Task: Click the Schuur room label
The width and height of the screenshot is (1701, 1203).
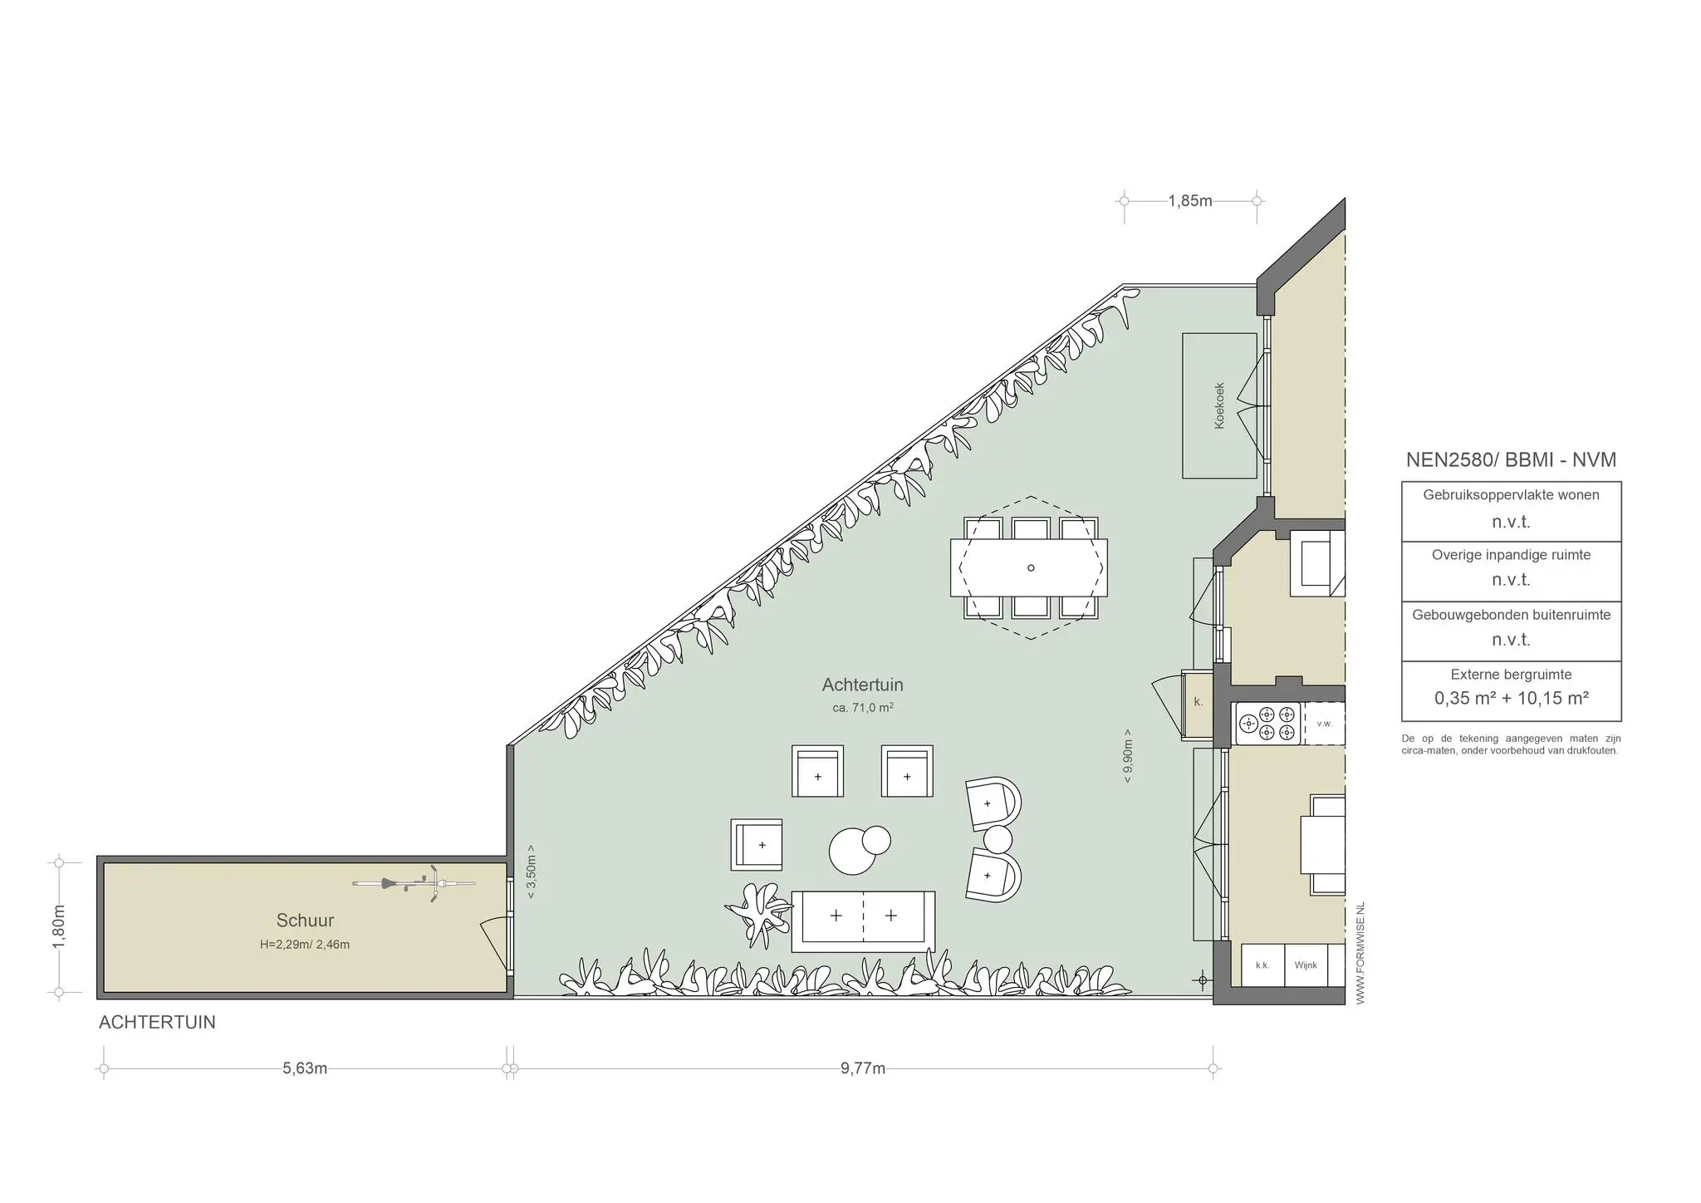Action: tap(305, 921)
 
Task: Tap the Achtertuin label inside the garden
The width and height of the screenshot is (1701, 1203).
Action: tap(862, 685)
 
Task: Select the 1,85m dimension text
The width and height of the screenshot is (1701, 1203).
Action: tap(1190, 201)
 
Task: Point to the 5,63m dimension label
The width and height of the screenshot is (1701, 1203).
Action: tap(305, 1068)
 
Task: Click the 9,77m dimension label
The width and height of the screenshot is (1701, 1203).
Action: tap(863, 1068)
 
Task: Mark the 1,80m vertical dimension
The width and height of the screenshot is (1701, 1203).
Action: tap(59, 927)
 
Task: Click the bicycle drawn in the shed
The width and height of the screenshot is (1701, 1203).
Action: tap(414, 884)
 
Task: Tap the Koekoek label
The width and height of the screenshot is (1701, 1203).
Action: tap(1219, 405)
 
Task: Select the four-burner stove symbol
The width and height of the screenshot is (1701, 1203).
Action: tap(1267, 724)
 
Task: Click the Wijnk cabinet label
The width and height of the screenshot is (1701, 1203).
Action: tap(1306, 965)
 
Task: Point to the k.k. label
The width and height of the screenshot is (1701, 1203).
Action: tap(1262, 965)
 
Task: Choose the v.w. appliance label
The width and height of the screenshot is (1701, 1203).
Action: tap(1325, 724)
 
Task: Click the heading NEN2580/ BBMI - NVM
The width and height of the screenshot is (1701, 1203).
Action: tap(1511, 460)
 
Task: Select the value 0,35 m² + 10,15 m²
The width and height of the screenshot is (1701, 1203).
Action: tap(1512, 699)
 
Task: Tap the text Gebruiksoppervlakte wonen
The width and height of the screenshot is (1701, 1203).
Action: tap(1511, 495)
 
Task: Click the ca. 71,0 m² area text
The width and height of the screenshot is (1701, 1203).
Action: tap(862, 708)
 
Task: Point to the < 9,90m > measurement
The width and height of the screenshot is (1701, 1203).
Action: tap(1127, 756)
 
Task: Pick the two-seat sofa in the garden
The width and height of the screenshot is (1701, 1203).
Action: tap(863, 921)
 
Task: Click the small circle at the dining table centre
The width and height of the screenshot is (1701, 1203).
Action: tap(1031, 568)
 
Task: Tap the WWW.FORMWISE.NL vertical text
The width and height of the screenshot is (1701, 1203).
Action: tap(1360, 953)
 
